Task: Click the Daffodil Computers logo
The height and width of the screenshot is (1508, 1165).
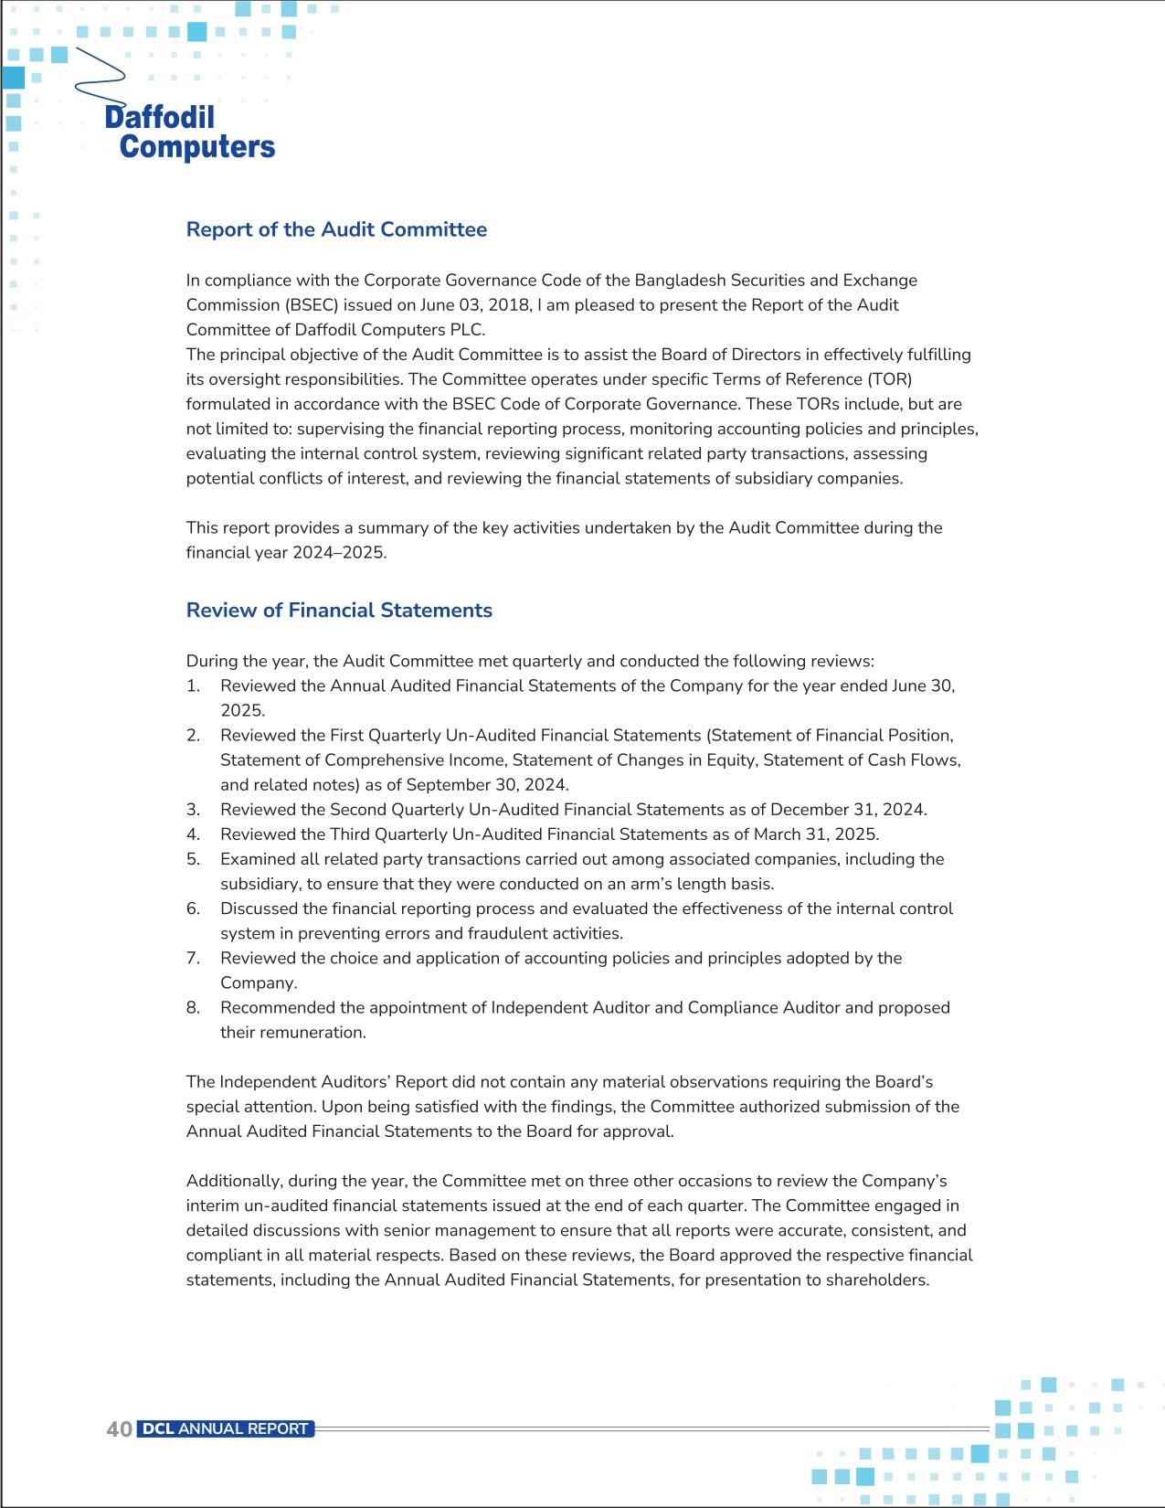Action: (x=188, y=132)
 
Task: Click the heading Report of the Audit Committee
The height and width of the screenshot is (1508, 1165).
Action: (x=336, y=229)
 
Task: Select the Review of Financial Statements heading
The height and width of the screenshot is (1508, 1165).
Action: (x=339, y=611)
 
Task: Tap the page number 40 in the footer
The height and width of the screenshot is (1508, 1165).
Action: (x=119, y=1429)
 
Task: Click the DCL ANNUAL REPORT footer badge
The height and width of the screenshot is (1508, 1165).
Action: (x=225, y=1429)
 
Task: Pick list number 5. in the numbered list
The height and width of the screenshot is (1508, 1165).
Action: (x=193, y=859)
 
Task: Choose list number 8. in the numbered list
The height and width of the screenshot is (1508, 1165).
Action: (x=193, y=1008)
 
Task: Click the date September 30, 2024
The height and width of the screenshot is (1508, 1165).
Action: (x=486, y=785)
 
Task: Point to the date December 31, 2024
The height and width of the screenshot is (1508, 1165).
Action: (x=848, y=810)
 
